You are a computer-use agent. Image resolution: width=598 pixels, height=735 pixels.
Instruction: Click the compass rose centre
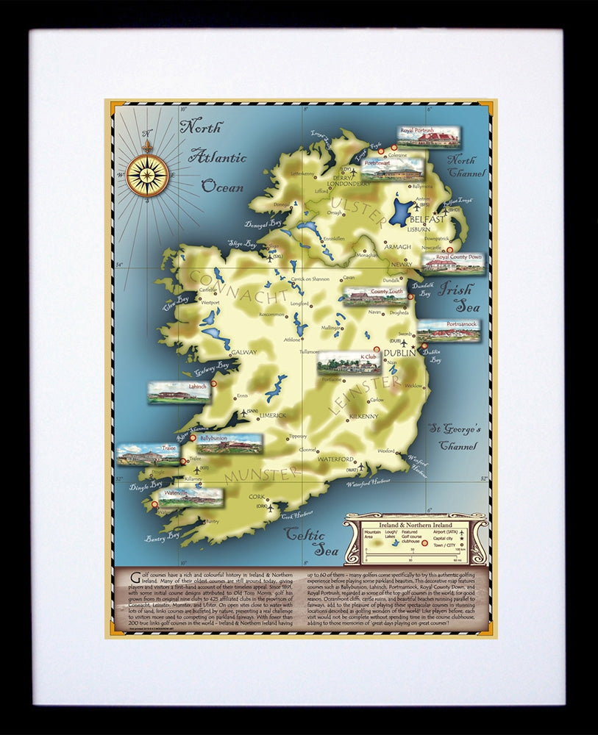[147, 175]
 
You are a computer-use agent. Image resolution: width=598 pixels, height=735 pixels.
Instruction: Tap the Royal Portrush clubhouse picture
[429, 136]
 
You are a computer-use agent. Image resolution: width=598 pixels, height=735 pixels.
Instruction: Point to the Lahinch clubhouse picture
[179, 392]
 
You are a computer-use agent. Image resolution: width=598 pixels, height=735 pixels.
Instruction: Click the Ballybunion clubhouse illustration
[229, 443]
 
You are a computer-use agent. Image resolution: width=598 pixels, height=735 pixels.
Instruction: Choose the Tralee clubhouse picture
[148, 454]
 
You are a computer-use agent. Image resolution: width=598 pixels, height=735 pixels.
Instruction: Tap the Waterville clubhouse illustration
[190, 498]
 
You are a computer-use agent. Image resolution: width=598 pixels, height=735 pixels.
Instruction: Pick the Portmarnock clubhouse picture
[449, 330]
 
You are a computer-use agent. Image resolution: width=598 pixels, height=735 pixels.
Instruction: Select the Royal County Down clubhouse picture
[453, 262]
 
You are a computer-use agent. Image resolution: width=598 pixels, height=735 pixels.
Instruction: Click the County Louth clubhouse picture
[375, 296]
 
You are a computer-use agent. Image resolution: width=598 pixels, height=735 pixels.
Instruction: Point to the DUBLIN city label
[400, 353]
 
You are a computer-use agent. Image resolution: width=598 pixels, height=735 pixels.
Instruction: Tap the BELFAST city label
[427, 219]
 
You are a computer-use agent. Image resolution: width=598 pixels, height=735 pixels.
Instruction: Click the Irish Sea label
[455, 297]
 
